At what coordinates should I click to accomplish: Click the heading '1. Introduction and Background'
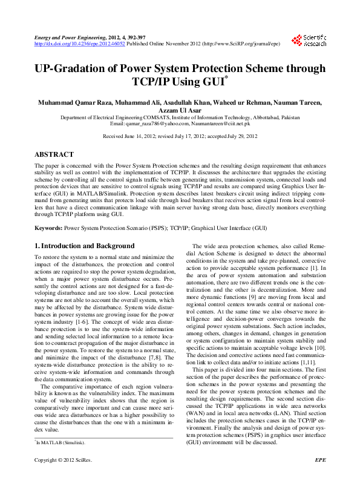tap(84, 246)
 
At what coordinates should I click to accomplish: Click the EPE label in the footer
tap(321, 478)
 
